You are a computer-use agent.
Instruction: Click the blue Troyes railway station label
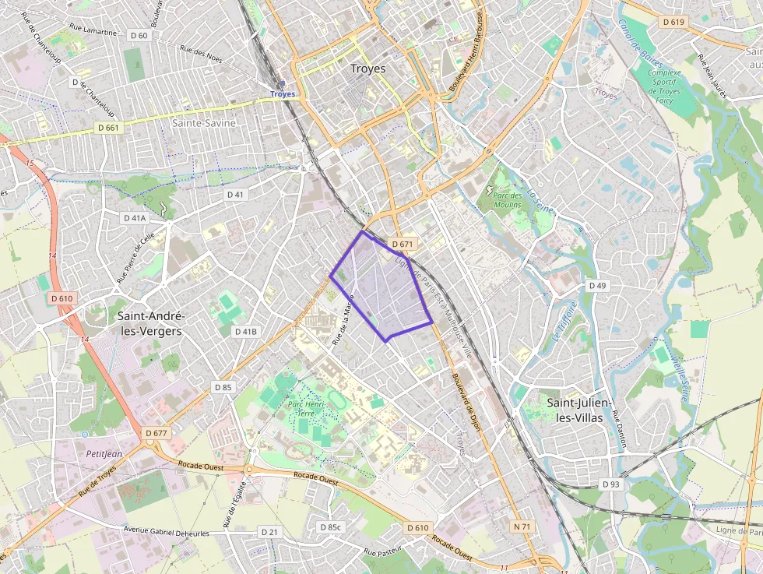pos(283,93)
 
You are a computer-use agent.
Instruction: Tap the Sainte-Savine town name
pos(204,123)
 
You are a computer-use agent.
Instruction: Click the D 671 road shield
pos(402,244)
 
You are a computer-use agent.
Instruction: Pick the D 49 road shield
pos(597,286)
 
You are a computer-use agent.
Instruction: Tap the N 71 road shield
pos(522,527)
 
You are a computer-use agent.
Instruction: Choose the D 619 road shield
pos(673,22)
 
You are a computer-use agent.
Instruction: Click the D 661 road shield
pos(109,127)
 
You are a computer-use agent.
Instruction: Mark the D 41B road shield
pos(245,332)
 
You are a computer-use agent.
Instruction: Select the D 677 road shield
pos(156,432)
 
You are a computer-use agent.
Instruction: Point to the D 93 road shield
pos(611,484)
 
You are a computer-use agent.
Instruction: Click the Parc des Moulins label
pos(508,195)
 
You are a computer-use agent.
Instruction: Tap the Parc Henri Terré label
pos(305,410)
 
